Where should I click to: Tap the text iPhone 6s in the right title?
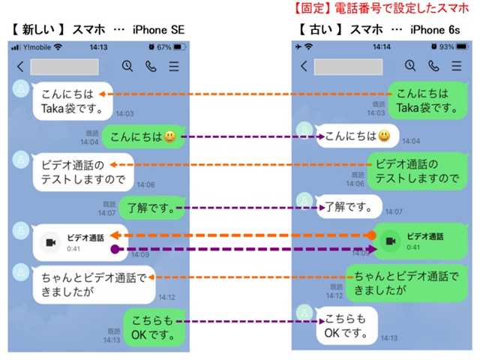coord(439,30)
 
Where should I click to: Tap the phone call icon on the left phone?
coord(150,66)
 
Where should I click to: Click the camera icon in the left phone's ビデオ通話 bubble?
coord(50,242)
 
